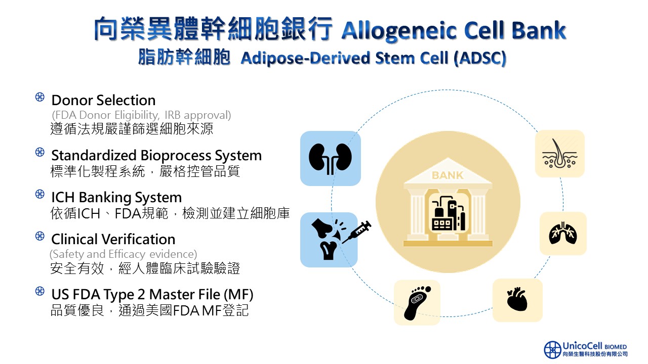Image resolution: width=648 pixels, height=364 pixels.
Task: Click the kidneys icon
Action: click(x=331, y=158)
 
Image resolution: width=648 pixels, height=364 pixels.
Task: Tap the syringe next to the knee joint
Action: click(x=357, y=233)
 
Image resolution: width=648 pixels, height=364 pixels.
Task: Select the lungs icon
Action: click(x=563, y=233)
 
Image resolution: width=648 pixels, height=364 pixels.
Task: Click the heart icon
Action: click(x=517, y=300)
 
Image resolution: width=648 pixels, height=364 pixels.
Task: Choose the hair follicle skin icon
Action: click(x=560, y=154)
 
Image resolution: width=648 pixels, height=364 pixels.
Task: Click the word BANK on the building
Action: click(x=448, y=176)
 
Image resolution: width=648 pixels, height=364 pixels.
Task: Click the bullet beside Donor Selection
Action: click(x=40, y=98)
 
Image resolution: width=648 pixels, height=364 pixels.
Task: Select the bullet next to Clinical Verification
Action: click(x=40, y=236)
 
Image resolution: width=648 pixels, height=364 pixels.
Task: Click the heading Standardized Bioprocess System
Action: click(x=156, y=155)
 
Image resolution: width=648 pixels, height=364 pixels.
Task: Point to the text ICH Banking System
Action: click(x=116, y=197)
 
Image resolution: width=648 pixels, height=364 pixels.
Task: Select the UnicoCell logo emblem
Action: click(x=552, y=350)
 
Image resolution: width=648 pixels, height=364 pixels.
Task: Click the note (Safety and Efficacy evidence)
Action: click(x=123, y=254)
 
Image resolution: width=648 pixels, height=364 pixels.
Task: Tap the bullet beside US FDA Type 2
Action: click(x=40, y=291)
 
